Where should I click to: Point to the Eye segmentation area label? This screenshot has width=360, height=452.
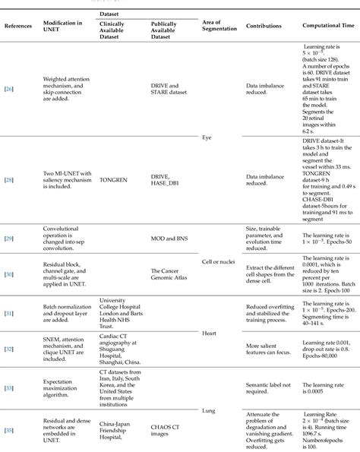[207, 139]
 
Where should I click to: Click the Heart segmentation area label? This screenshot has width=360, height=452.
[209, 332]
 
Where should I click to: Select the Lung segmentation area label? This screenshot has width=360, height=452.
[209, 410]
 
